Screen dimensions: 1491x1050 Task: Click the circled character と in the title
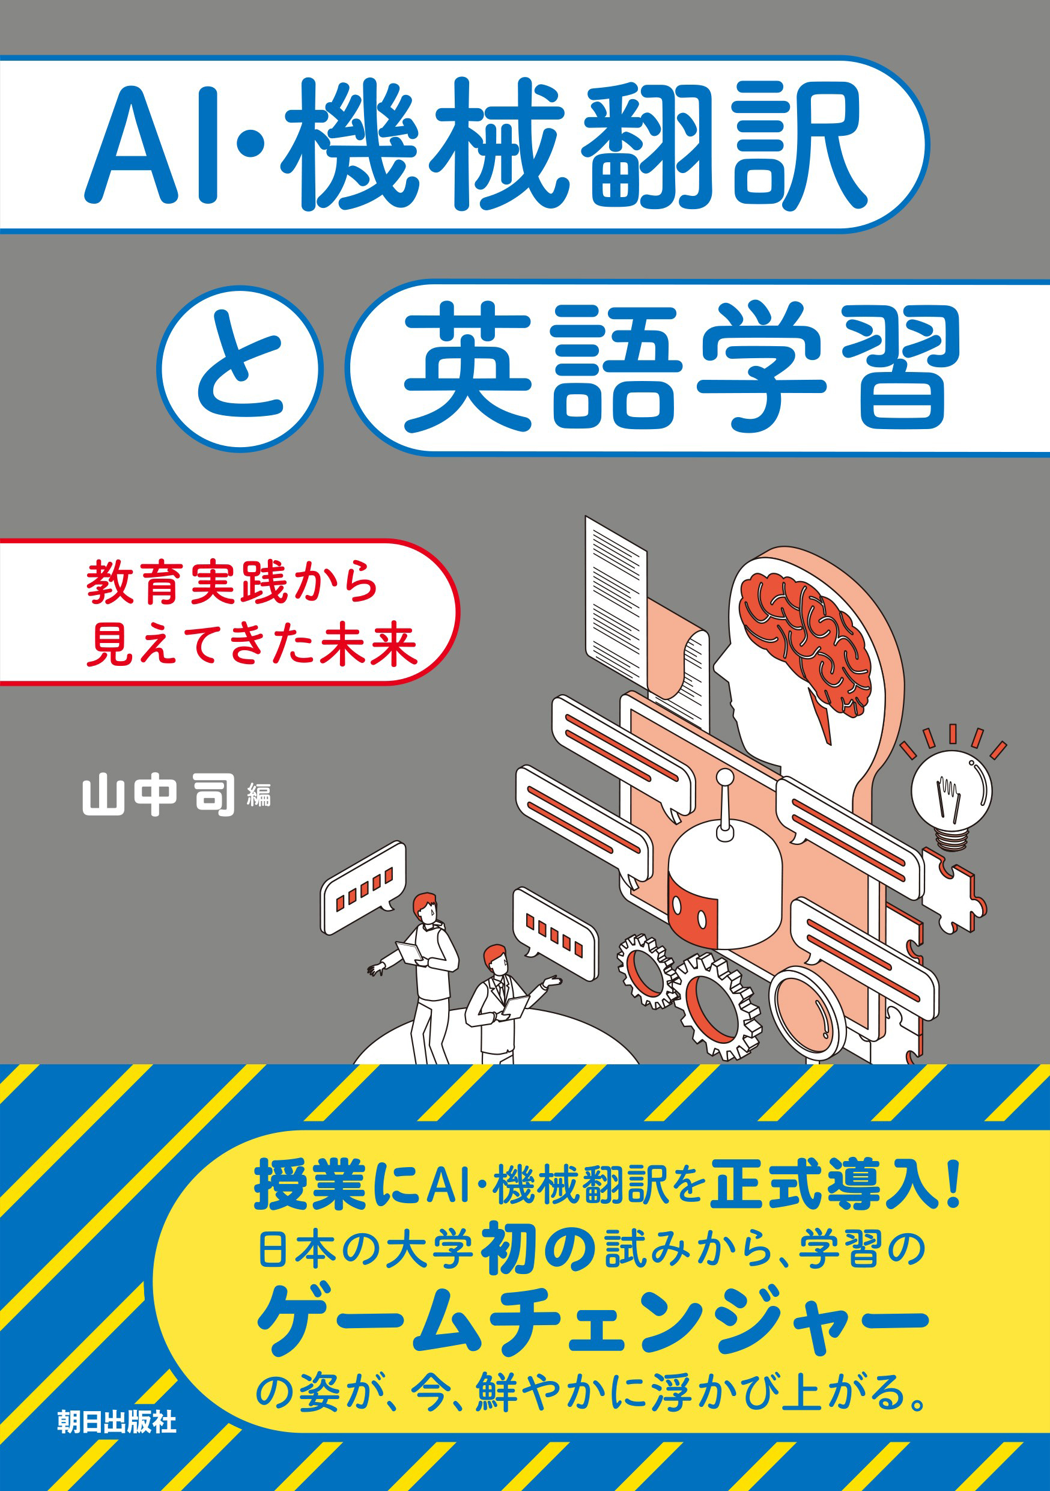(x=240, y=369)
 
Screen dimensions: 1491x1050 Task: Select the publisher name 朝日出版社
(x=116, y=1421)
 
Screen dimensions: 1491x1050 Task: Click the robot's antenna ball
(x=724, y=778)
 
